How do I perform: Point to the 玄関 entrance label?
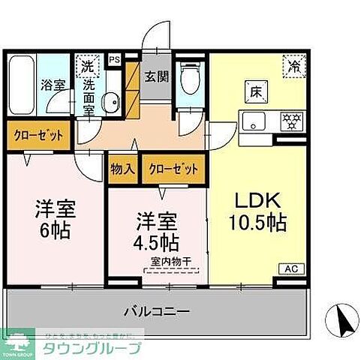(157, 76)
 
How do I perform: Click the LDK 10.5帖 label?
(254, 211)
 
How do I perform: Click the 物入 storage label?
(122, 169)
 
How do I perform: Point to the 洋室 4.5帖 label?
(155, 232)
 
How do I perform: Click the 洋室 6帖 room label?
(55, 218)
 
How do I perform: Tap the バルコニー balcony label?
(157, 310)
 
